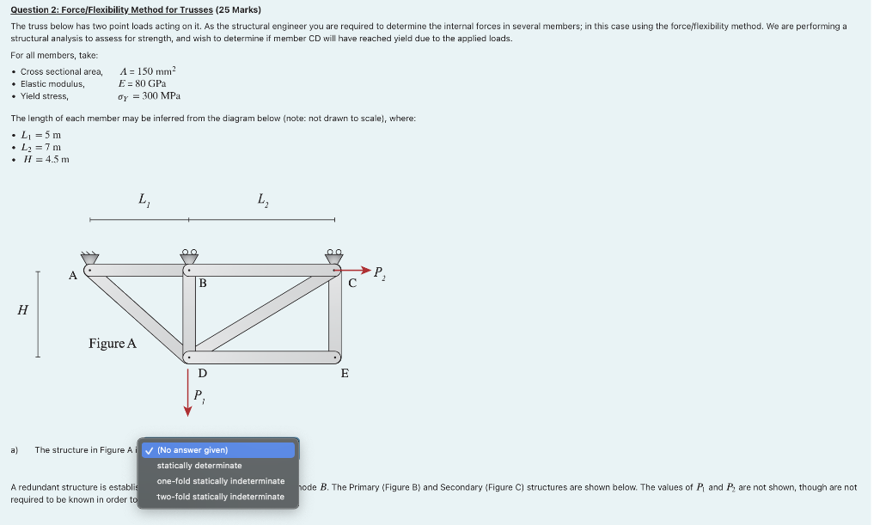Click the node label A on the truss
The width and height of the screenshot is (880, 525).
73,275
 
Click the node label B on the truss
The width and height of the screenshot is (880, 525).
203,283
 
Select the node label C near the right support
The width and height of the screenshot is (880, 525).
352,284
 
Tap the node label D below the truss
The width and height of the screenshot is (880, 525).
203,373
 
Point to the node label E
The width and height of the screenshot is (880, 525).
345,373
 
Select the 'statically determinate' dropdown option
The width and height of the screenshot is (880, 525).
199,466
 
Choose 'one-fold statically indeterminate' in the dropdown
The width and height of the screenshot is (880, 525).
220,481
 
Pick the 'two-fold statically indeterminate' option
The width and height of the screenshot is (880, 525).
220,497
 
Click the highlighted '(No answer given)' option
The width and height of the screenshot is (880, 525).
192,450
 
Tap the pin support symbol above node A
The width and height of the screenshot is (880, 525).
89,257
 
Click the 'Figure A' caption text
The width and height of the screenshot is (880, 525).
113,344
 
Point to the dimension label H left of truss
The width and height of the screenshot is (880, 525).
21,311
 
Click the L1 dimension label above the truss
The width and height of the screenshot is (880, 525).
142,199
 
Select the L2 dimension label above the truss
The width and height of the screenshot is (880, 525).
262,199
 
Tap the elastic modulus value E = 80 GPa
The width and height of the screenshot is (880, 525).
143,83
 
